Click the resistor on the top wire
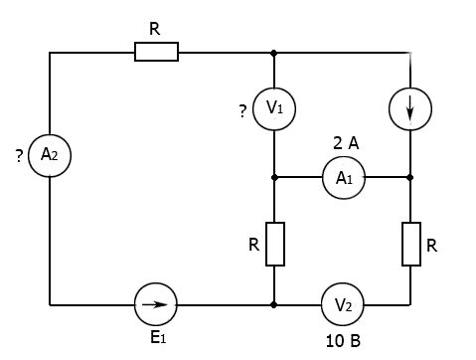[156, 52]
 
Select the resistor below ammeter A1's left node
[275, 244]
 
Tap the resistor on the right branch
[411, 244]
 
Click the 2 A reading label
[346, 143]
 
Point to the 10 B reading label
[343, 341]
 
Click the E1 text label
[158, 337]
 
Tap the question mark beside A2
[19, 156]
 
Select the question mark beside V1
[242, 111]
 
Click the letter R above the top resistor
[155, 29]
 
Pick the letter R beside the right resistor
[431, 246]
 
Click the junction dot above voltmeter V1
[273, 53]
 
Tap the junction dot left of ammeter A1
[274, 178]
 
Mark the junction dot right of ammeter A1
[410, 178]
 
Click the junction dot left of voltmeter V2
[273, 304]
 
